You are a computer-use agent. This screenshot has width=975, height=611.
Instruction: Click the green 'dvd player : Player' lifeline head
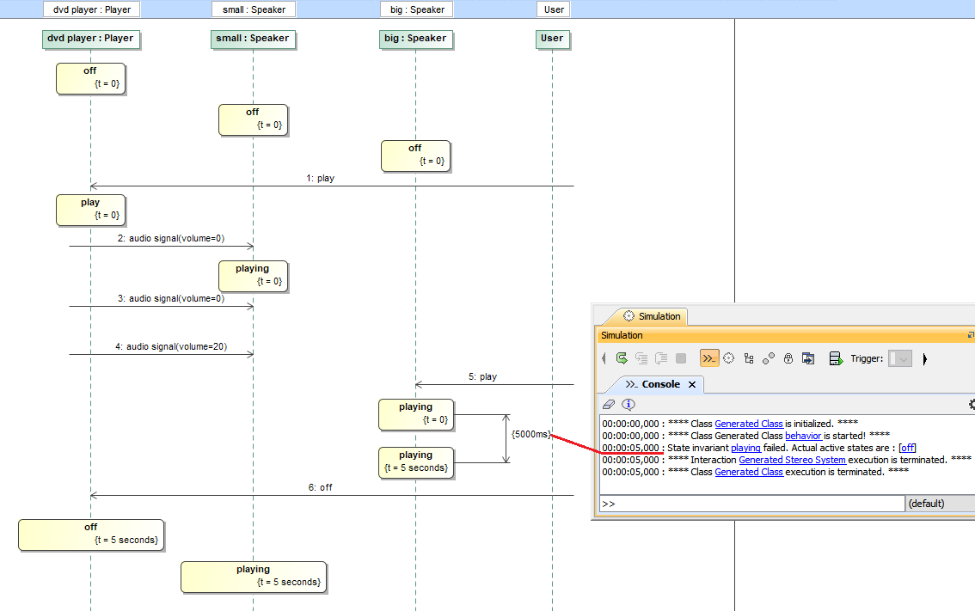point(90,39)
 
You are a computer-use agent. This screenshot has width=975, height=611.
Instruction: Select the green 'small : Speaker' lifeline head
point(253,39)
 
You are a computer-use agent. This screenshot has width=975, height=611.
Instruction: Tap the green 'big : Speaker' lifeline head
point(415,39)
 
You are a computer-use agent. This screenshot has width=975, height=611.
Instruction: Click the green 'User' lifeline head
point(552,39)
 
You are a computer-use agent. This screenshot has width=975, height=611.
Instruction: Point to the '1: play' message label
point(321,179)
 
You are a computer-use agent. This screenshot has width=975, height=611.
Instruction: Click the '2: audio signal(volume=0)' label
point(171,239)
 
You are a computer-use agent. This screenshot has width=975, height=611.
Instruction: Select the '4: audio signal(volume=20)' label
point(170,347)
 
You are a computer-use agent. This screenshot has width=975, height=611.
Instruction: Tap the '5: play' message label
point(483,377)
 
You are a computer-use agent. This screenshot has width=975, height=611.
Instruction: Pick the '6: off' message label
point(321,487)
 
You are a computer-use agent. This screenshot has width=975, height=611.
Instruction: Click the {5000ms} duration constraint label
point(530,435)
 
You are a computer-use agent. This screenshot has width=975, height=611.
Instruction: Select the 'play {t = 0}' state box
point(90,209)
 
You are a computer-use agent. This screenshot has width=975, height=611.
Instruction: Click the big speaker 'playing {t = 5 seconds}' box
point(415,462)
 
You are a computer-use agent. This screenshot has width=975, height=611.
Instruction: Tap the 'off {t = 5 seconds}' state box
point(91,534)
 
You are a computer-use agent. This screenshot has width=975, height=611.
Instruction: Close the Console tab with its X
point(692,384)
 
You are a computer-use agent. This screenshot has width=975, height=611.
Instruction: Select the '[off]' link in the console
point(907,448)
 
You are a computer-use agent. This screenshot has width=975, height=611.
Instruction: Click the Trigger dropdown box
point(900,358)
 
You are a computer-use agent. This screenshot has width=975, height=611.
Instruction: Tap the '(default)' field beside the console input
point(939,504)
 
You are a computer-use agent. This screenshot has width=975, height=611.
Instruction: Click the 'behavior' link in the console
point(803,436)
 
